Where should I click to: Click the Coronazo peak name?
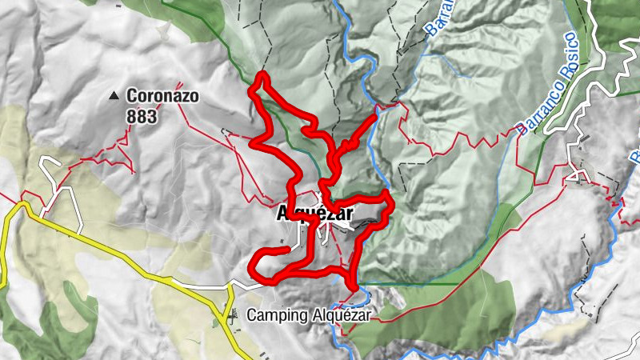click(x=162, y=97)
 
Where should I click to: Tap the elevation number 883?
click(x=141, y=117)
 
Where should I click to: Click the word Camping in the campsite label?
click(x=273, y=315)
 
